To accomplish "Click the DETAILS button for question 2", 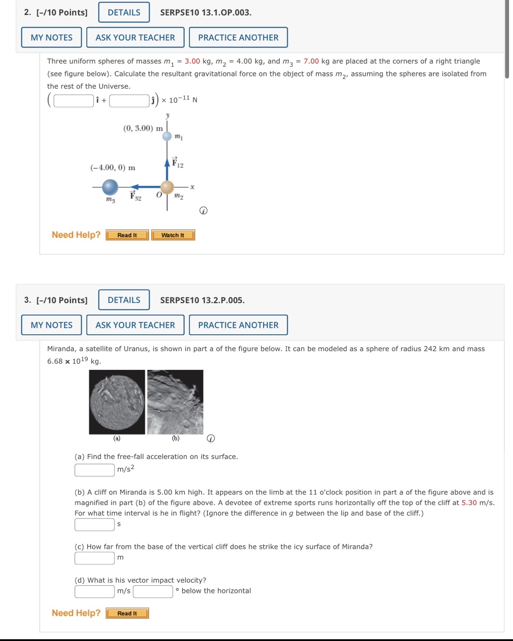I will point(124,12).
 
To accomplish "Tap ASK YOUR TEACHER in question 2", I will point(135,37).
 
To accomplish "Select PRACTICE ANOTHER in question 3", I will point(238,325).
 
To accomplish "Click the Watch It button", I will point(173,235).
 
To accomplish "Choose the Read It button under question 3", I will point(127,613).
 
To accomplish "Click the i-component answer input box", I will point(74,101).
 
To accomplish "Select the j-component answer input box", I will point(129,101).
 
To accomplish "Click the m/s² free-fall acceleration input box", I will point(94,470).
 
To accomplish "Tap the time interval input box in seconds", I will point(94,524).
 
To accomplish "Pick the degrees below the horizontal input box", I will point(153,591).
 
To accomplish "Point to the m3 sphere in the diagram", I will point(110,187).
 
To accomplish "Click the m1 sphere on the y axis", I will point(167,136).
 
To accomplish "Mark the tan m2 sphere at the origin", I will point(167,187).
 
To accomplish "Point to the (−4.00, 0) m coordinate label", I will point(113,168).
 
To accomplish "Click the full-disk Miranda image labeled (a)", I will point(117,402).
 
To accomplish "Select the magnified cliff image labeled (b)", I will point(175,402).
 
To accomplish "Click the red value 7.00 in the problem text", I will point(311,61).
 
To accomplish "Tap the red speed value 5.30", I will point(469,503).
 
